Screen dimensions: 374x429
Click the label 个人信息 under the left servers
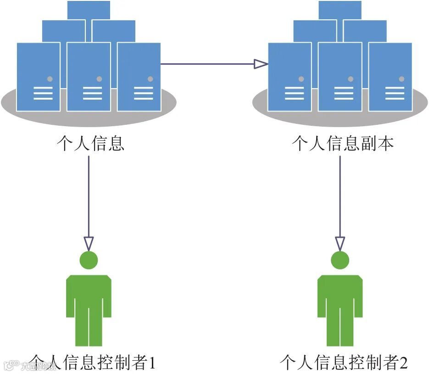[90, 144]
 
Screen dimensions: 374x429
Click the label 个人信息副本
[343, 144]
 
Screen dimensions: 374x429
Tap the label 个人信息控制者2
[344, 363]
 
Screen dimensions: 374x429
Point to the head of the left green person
[89, 260]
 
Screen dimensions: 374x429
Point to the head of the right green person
[340, 260]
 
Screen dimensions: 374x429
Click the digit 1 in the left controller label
[151, 363]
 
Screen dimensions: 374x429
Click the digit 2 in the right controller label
[403, 363]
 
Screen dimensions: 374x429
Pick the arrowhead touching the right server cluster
[261, 64]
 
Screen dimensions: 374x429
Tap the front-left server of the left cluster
[39, 77]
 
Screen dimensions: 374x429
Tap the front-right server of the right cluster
[390, 77]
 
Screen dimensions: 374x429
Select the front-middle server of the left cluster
[89, 77]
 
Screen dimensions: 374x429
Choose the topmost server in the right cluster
[340, 9]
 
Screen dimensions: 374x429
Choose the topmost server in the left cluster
[89, 9]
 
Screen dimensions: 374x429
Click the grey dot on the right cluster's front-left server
[301, 79]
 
